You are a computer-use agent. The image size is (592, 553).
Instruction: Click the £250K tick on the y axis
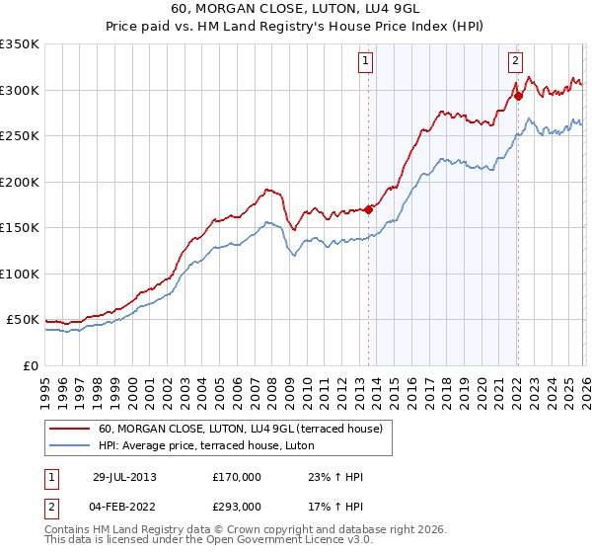click(x=20, y=136)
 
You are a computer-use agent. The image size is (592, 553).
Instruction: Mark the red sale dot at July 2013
click(x=369, y=209)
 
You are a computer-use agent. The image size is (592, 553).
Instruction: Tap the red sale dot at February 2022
click(x=518, y=96)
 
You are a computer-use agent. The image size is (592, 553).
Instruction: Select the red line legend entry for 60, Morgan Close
click(x=247, y=429)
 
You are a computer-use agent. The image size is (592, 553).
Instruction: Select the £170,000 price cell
click(x=237, y=478)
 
